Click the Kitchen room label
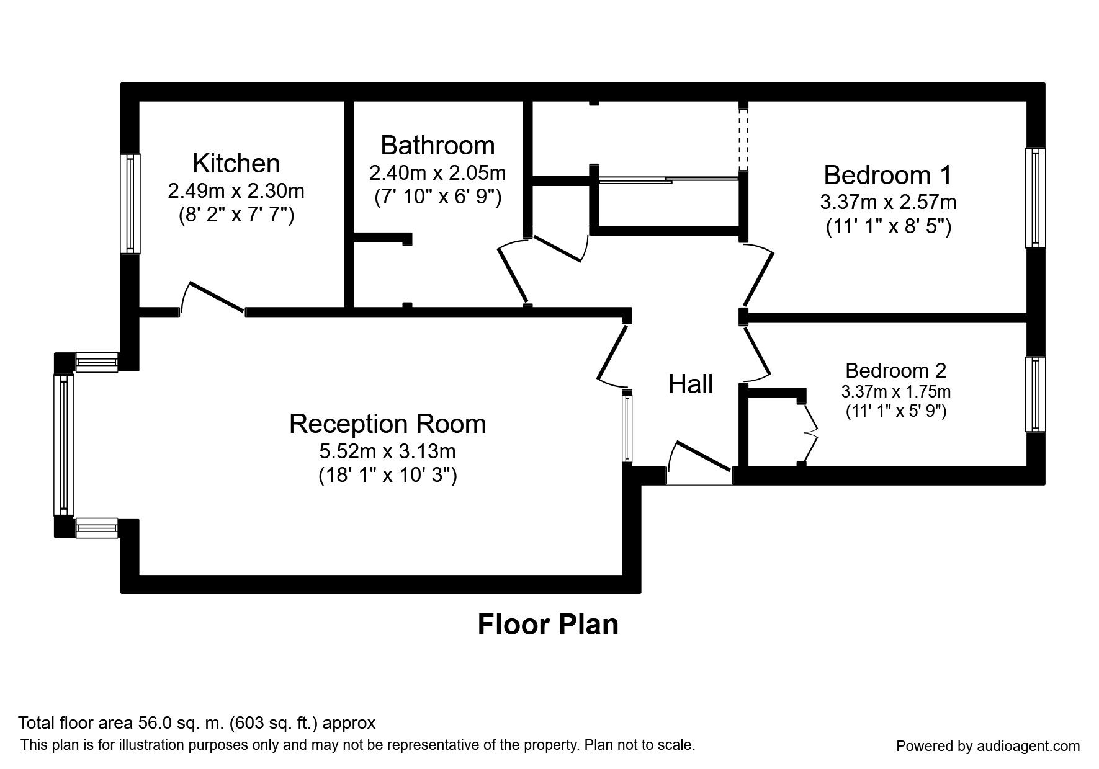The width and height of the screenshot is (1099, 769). (x=236, y=163)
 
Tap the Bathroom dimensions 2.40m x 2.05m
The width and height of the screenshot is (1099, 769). (x=437, y=172)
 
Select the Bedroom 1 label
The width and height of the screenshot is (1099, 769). (x=887, y=175)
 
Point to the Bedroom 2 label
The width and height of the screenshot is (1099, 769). (x=895, y=370)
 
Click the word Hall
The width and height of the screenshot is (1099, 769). (x=690, y=384)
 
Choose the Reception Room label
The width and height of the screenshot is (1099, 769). (x=387, y=424)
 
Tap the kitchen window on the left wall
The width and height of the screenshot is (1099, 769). (x=130, y=203)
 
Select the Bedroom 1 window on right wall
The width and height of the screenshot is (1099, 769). (x=1035, y=197)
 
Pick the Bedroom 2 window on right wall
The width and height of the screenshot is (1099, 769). (x=1035, y=394)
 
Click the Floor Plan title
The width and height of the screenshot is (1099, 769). (x=548, y=625)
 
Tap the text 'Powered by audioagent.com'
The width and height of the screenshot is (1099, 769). (x=988, y=746)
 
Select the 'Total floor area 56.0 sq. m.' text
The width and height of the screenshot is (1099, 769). (x=197, y=723)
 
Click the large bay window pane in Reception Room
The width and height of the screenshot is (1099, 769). (x=63, y=445)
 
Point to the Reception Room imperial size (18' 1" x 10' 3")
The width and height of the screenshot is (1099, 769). (x=387, y=476)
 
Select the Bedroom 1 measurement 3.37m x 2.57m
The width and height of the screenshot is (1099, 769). (x=887, y=202)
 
